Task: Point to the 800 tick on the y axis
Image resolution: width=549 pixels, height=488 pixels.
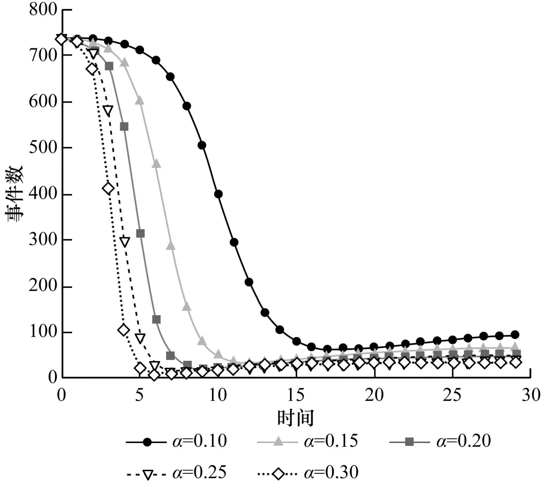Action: pyautogui.click(x=43, y=10)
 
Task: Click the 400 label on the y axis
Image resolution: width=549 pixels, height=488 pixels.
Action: pyautogui.click(x=43, y=194)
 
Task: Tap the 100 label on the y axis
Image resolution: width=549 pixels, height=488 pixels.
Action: pyautogui.click(x=43, y=332)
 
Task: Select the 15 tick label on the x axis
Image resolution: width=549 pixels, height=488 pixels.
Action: pyautogui.click(x=296, y=395)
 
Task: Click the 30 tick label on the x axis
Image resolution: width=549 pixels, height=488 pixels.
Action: pyautogui.click(x=530, y=395)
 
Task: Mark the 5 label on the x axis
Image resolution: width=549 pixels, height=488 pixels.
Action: pyautogui.click(x=139, y=395)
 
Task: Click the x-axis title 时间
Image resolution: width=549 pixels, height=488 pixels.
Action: pyautogui.click(x=295, y=418)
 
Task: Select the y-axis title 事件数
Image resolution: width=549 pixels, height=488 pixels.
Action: pyautogui.click(x=14, y=194)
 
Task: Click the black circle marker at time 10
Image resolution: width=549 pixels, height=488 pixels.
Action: pyautogui.click(x=218, y=194)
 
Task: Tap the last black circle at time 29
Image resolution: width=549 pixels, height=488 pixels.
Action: pyautogui.click(x=515, y=335)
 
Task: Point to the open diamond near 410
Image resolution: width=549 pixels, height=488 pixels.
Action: pyautogui.click(x=108, y=188)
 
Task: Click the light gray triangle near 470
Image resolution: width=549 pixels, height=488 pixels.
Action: pyautogui.click(x=156, y=164)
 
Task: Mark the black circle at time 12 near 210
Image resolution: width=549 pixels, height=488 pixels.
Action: pyautogui.click(x=249, y=282)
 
